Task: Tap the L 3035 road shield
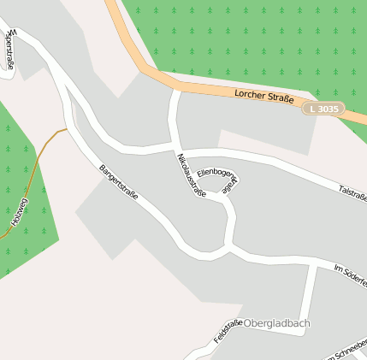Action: pyautogui.click(x=326, y=109)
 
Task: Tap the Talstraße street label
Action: pyautogui.click(x=352, y=192)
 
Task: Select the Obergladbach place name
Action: pyautogui.click(x=276, y=323)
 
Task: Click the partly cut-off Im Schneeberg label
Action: pyautogui.click(x=346, y=352)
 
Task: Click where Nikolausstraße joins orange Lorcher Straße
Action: pyautogui.click(x=175, y=89)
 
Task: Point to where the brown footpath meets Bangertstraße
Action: pyautogui.click(x=67, y=130)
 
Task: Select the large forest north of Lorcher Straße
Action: pyautogui.click(x=257, y=38)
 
